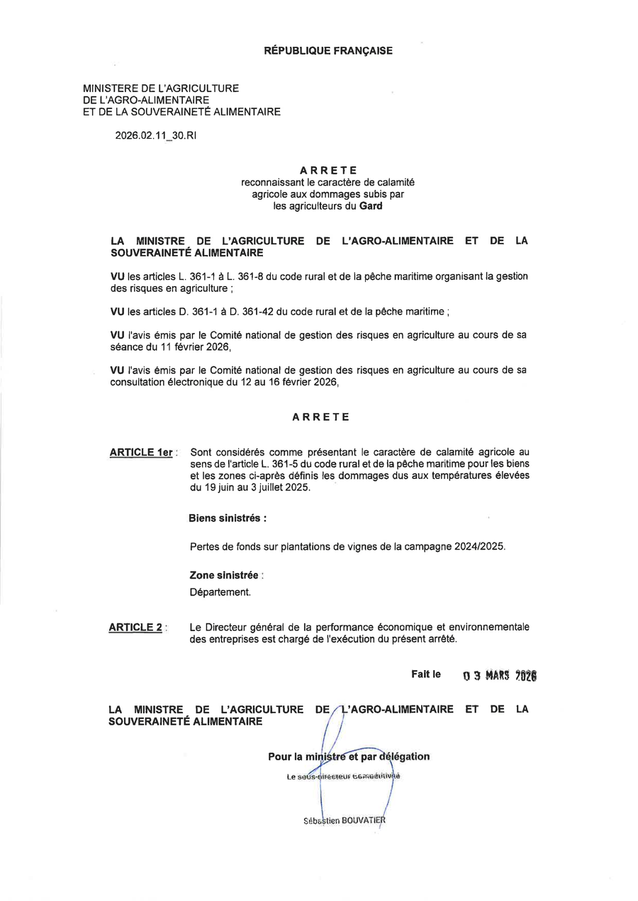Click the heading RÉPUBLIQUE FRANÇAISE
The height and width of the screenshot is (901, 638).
pos(328,51)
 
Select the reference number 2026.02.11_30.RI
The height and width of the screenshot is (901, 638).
pos(156,135)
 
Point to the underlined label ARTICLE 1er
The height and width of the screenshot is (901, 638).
pos(141,453)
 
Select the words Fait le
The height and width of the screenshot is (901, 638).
pos(426,674)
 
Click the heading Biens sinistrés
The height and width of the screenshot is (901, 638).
pos(228,518)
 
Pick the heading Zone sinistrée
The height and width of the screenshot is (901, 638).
pos(224,576)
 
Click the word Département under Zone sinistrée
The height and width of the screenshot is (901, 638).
pos(220,592)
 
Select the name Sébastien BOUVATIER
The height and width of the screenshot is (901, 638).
pos(344,821)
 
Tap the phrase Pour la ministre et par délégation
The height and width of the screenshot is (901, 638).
pos(349,756)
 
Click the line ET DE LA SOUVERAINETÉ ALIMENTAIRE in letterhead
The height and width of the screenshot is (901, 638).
pos(181,111)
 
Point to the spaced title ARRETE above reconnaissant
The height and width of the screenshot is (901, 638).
pos(328,171)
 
